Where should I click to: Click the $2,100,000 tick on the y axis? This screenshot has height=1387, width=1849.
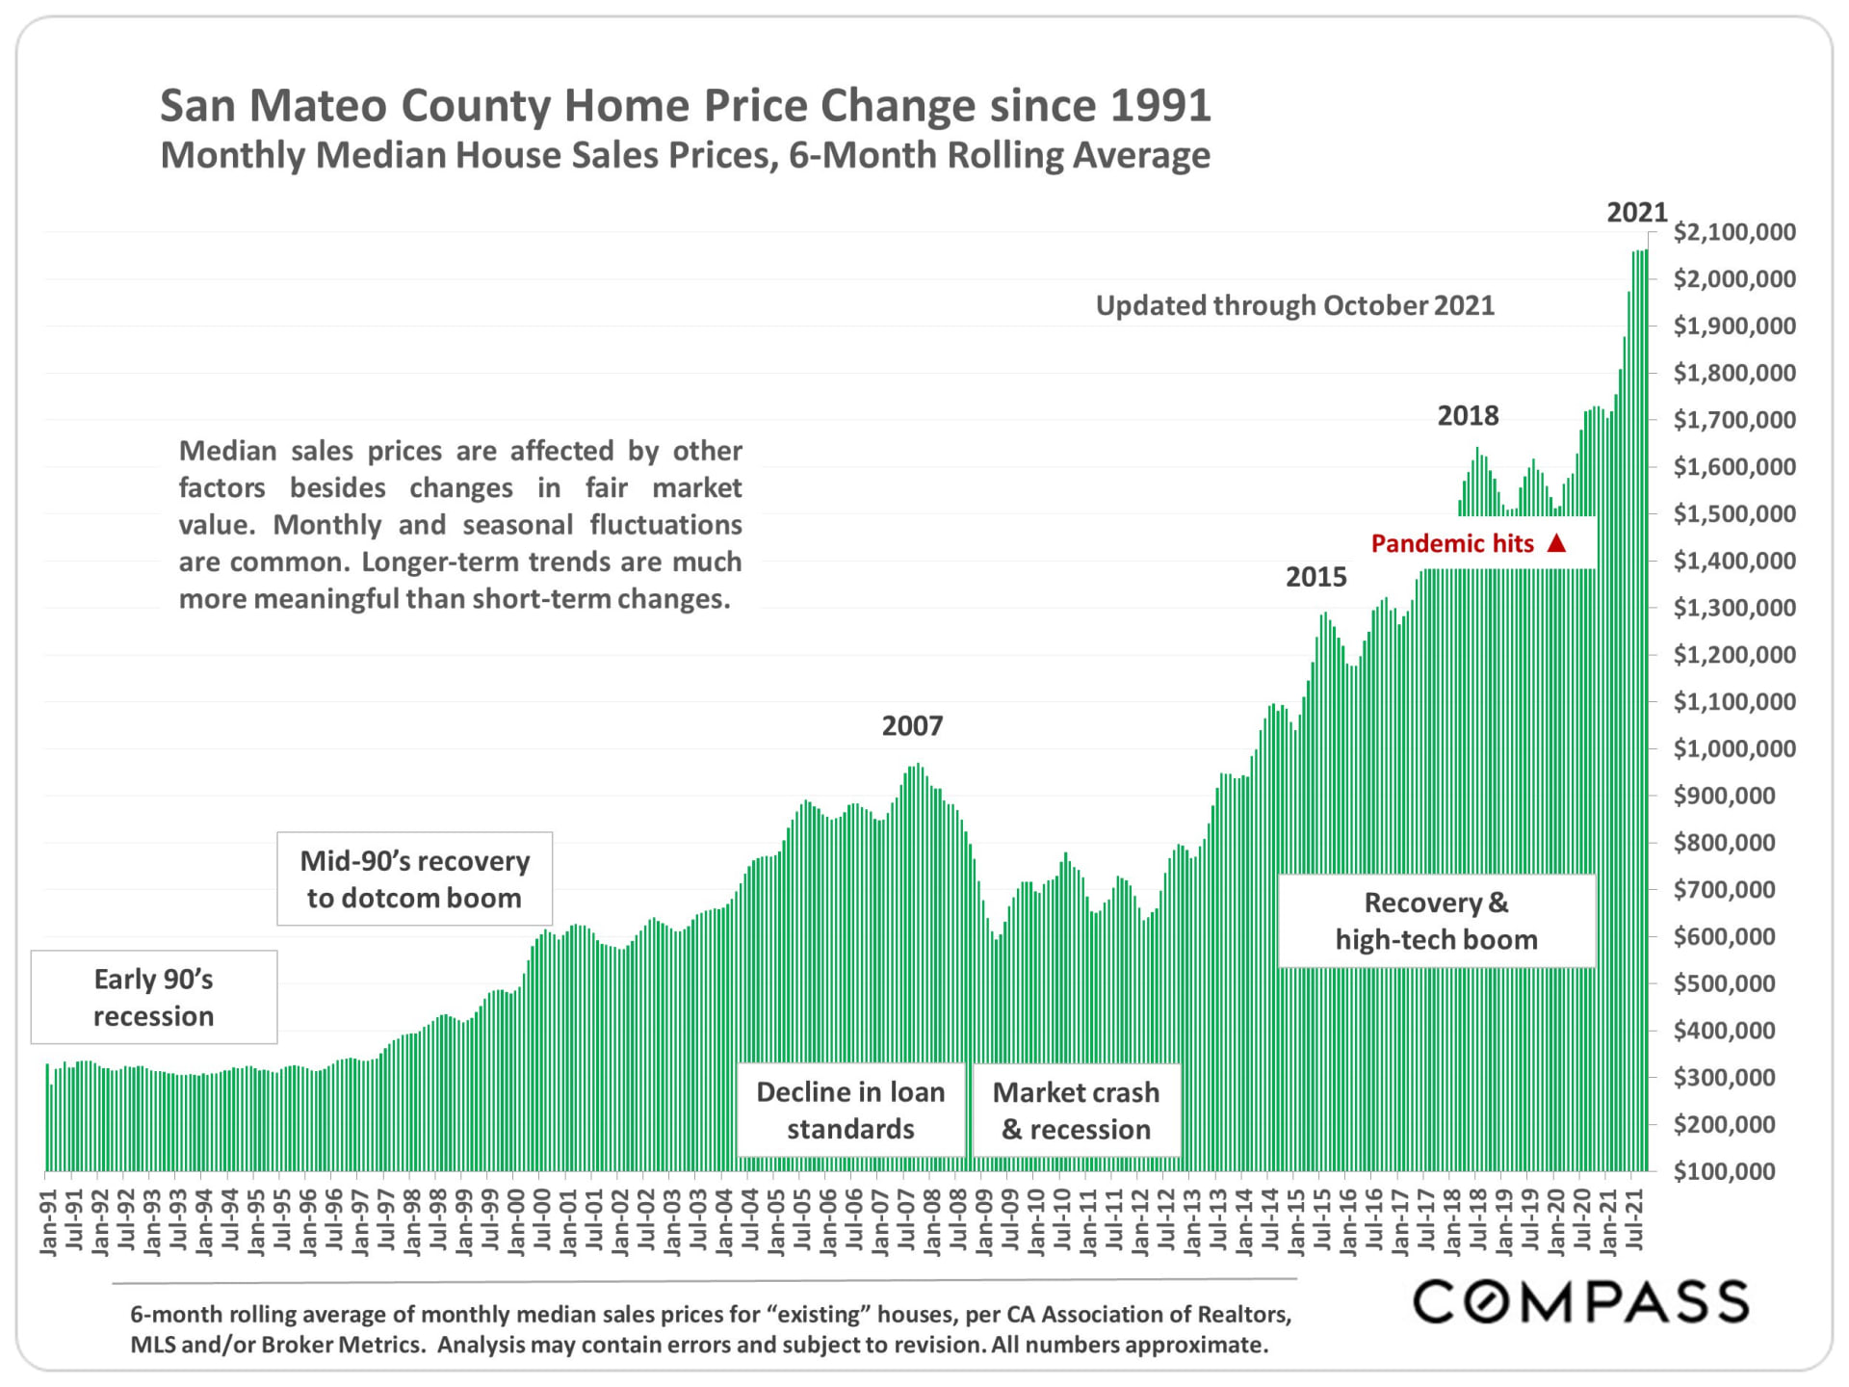1733,232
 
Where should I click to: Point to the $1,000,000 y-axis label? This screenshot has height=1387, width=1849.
1733,749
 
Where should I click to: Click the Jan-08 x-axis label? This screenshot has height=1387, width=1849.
932,1223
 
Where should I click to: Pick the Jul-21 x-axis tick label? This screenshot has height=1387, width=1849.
1634,1223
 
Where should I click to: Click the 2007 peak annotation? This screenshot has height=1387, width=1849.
912,726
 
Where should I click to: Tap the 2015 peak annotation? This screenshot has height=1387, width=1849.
1315,577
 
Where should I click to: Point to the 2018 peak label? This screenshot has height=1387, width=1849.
1468,416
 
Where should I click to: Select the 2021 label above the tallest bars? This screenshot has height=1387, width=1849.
1636,213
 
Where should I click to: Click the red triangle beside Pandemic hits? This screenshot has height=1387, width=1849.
1556,543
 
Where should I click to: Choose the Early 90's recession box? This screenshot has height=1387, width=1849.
154,997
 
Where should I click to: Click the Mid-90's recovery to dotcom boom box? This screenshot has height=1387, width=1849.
414,879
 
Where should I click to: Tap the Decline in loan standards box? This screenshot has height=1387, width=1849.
850,1111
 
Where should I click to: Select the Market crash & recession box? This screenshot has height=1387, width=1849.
1076,1111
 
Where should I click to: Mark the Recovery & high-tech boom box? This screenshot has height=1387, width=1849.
1436,921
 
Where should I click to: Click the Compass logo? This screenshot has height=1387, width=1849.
1579,1302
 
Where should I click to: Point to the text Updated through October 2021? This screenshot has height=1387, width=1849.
1294,306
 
